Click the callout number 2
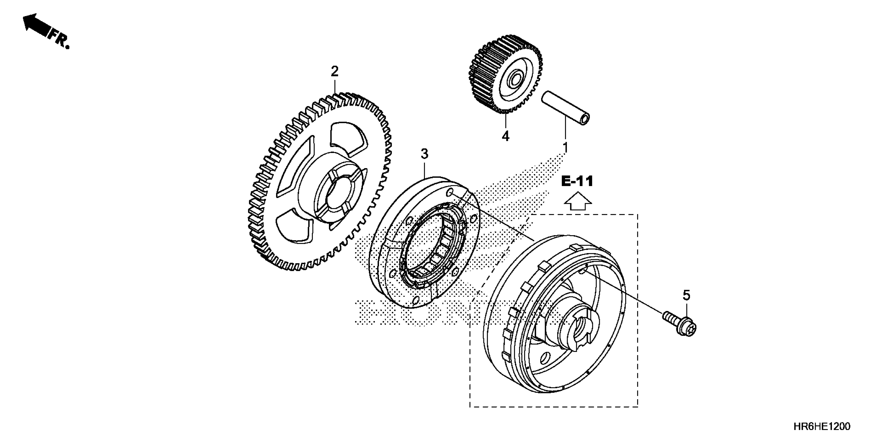point(335,71)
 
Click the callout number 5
point(686,295)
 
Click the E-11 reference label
point(577,181)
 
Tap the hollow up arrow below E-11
point(578,201)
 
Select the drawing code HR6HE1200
point(821,426)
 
